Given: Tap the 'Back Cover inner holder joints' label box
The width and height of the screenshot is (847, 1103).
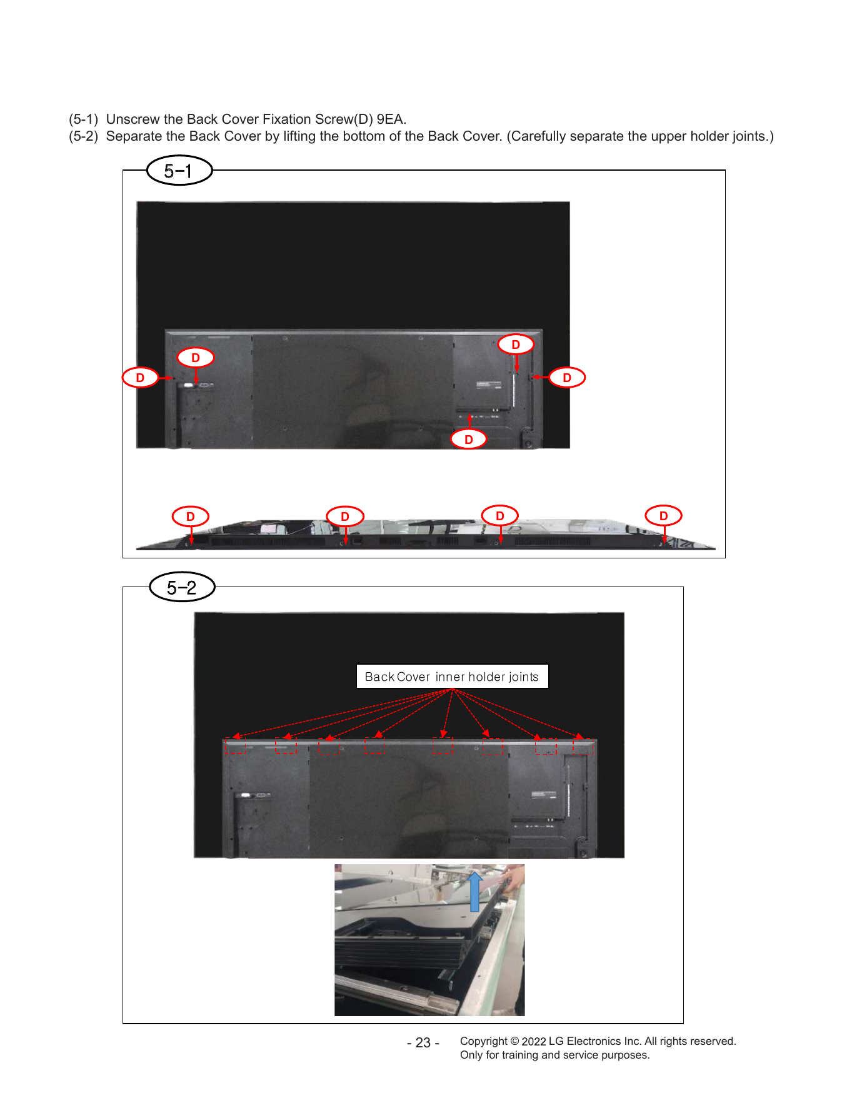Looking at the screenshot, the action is [452, 677].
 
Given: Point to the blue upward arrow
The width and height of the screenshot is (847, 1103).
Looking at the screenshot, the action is [475, 892].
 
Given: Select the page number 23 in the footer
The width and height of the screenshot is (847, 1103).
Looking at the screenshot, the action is [423, 1043].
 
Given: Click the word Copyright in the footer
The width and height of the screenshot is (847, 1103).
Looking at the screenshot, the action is [484, 1042].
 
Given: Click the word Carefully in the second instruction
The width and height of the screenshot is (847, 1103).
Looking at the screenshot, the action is [539, 136].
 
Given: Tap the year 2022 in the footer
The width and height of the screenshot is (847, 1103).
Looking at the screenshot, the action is [534, 1042].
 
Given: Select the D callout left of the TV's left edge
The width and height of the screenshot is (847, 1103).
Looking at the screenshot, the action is [140, 378].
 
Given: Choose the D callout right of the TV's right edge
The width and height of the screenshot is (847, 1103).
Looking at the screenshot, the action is [567, 378].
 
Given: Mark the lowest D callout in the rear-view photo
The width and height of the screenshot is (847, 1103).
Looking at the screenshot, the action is [469, 440].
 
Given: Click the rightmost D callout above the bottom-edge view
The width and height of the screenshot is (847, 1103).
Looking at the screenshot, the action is [664, 516].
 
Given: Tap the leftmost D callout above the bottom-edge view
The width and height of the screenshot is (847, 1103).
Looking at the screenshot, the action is [191, 516].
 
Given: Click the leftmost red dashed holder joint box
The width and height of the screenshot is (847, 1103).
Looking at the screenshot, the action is [236, 745].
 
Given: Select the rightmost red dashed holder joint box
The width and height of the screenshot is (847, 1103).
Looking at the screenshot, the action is [583, 747].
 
